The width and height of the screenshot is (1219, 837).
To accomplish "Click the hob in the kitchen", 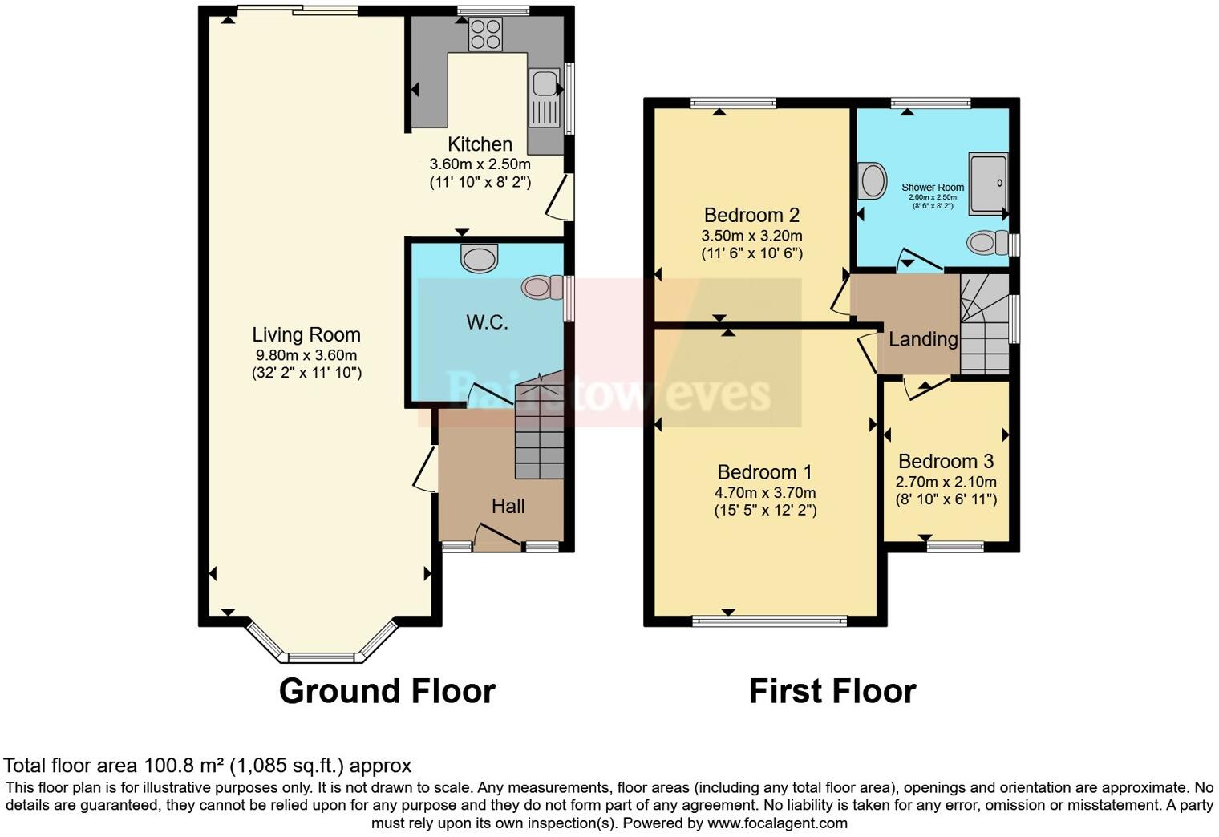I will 485,34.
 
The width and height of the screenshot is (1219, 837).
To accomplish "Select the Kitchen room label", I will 480,144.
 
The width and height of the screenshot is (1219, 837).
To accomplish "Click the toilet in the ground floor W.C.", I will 543,287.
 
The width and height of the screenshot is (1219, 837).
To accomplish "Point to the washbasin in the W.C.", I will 480,258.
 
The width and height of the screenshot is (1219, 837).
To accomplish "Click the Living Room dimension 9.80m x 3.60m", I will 306,355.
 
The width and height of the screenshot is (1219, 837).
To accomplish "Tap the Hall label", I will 508,506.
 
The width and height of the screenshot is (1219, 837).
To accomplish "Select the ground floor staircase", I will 539,433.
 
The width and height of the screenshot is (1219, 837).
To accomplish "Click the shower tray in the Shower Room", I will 986,184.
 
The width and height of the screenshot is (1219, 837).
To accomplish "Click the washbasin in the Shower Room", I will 871,181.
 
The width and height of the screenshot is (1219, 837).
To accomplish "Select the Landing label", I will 923,339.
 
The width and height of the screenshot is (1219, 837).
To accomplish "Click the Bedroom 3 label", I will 946,462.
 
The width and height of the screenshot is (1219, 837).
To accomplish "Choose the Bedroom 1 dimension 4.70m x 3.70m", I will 765,493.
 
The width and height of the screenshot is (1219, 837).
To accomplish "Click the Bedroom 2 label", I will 751,215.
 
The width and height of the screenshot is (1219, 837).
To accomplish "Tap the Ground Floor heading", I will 387,691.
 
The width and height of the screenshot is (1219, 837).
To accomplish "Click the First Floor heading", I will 832,691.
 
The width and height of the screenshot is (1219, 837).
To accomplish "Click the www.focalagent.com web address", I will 776,823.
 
